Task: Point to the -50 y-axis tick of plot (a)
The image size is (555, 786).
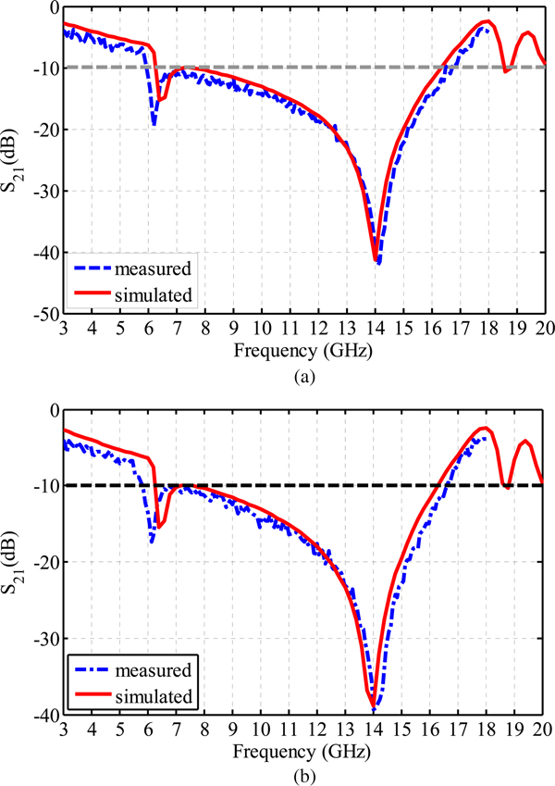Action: click(43, 316)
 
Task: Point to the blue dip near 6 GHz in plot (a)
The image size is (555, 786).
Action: click(154, 122)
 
